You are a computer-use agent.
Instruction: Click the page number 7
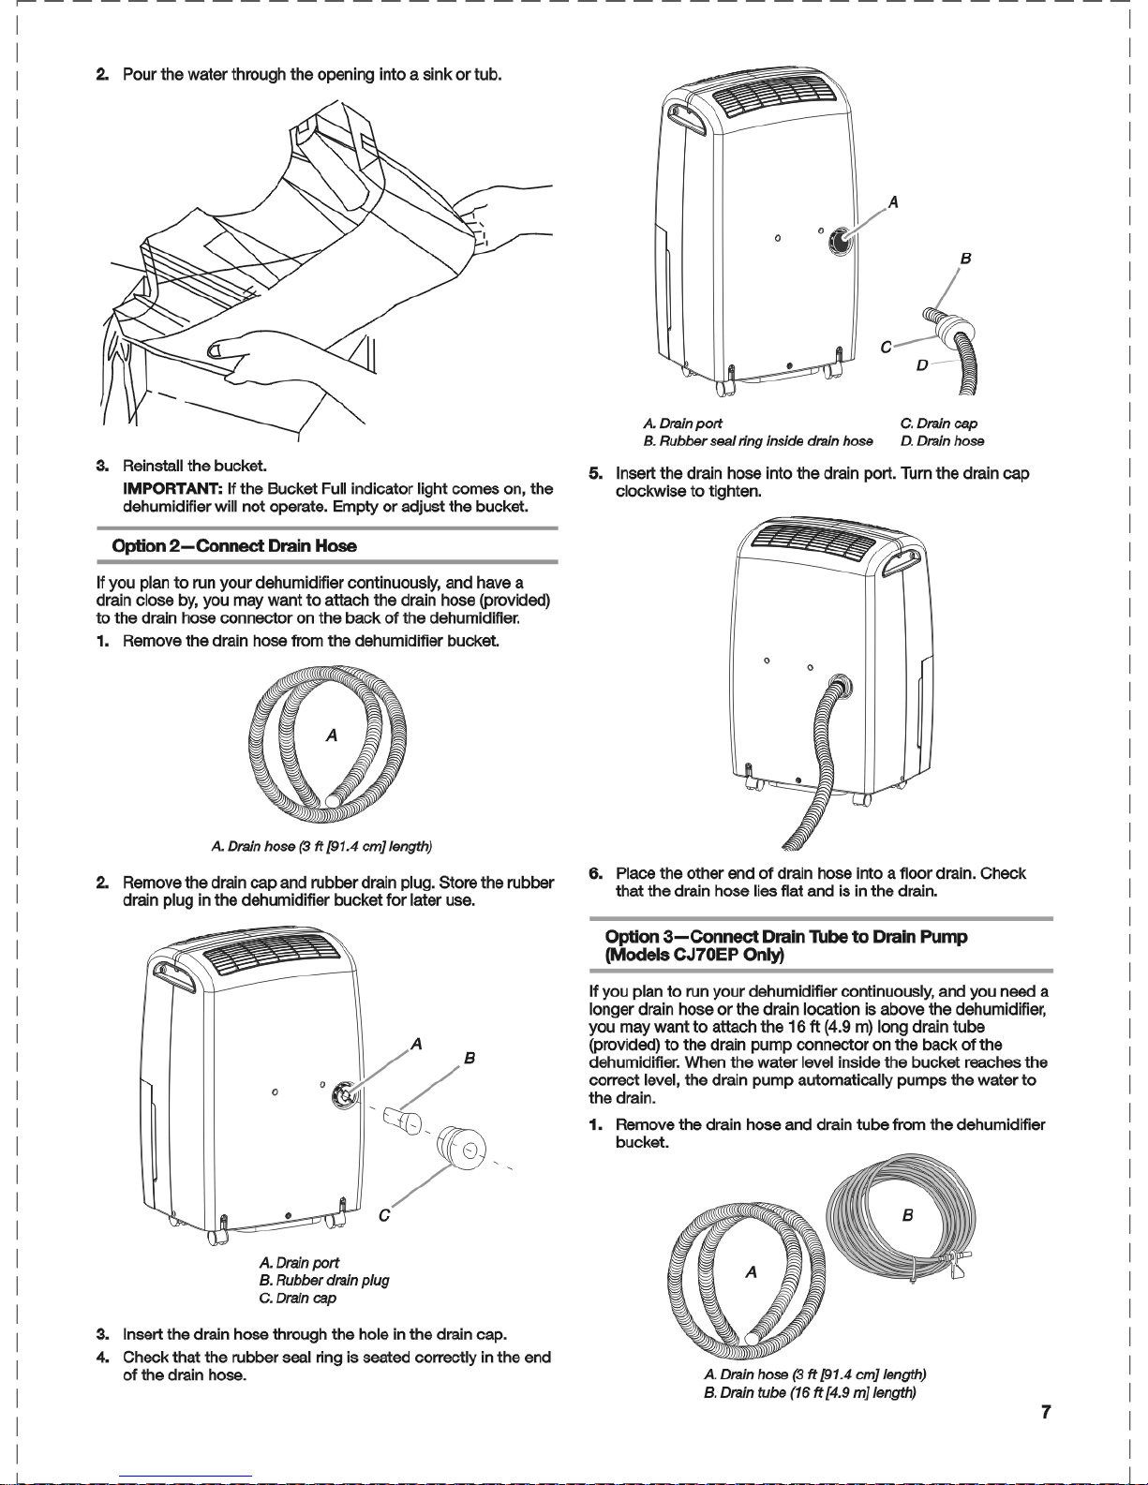(1046, 1412)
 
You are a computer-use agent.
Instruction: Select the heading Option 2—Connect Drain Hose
(234, 546)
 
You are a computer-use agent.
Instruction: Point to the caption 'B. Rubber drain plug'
(324, 1280)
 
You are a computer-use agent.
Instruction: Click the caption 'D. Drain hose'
(943, 441)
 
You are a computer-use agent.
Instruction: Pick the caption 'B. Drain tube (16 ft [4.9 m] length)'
(810, 1392)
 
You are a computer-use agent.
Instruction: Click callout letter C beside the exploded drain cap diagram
(384, 1216)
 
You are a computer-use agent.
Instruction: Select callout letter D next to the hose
(922, 365)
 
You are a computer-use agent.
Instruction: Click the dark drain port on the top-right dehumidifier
(839, 241)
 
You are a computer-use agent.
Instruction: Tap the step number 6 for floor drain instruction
(596, 873)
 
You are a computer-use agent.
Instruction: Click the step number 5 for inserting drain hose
(596, 473)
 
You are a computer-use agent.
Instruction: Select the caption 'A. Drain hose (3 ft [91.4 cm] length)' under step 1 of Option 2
(321, 847)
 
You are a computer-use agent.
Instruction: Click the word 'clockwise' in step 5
(648, 491)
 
